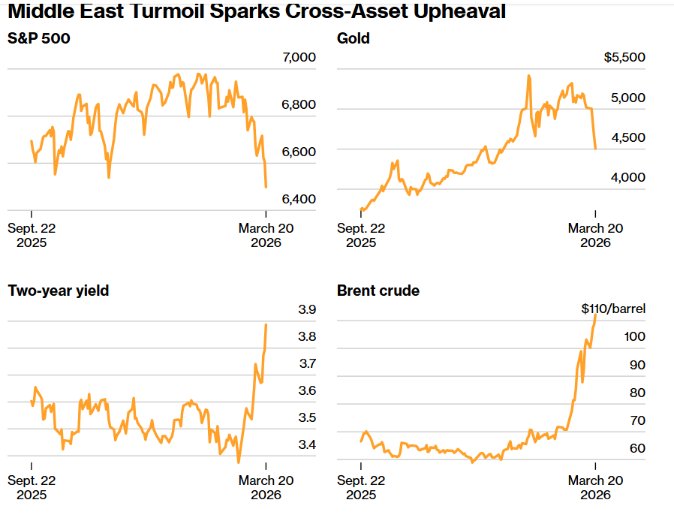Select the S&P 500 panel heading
(39, 38)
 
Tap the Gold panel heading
(354, 38)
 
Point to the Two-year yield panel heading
(59, 291)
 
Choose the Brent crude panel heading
(378, 291)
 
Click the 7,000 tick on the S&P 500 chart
(298, 58)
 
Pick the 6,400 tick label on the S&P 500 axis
(298, 199)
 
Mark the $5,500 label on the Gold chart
(624, 58)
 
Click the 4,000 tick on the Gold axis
(630, 178)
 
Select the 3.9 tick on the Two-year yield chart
(307, 310)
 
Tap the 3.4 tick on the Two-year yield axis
(307, 445)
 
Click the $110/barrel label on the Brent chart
(613, 309)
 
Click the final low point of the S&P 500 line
(266, 187)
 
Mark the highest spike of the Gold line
(529, 76)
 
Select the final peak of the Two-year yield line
(266, 324)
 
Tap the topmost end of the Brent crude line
(595, 315)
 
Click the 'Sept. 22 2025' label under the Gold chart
(361, 236)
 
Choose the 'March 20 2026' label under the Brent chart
(595, 488)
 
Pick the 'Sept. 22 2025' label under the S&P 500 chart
(32, 236)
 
